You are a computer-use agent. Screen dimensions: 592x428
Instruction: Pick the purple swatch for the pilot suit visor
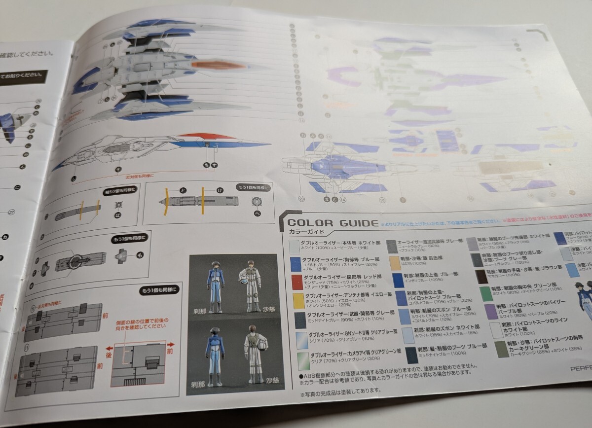[x=491, y=311]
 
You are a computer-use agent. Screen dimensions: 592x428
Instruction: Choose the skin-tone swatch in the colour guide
[x=395, y=262]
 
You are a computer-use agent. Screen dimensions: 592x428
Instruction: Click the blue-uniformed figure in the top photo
[x=215, y=286]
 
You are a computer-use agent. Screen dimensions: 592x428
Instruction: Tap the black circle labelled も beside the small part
[x=139, y=255]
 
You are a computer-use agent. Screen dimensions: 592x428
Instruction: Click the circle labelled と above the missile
[x=184, y=189]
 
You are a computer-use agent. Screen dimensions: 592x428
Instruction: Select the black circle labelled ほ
[x=117, y=215]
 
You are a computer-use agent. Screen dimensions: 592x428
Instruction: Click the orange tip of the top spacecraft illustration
[x=217, y=66]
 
